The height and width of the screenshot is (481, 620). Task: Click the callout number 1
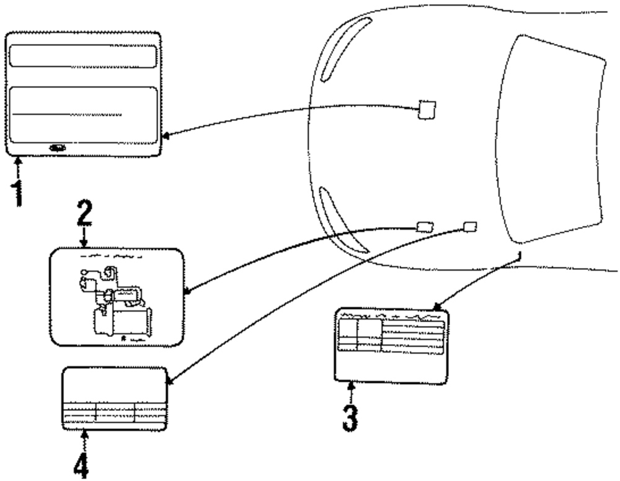point(19,192)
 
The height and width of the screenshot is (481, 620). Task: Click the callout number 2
point(84,215)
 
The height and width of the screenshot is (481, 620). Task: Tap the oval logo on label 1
point(57,148)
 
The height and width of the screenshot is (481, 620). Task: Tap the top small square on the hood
point(427,109)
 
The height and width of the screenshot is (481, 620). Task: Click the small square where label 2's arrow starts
point(424,226)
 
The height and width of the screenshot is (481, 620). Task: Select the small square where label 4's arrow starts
point(471,225)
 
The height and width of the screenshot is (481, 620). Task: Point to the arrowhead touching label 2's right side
point(189,290)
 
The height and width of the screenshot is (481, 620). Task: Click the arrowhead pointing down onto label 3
point(436,306)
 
